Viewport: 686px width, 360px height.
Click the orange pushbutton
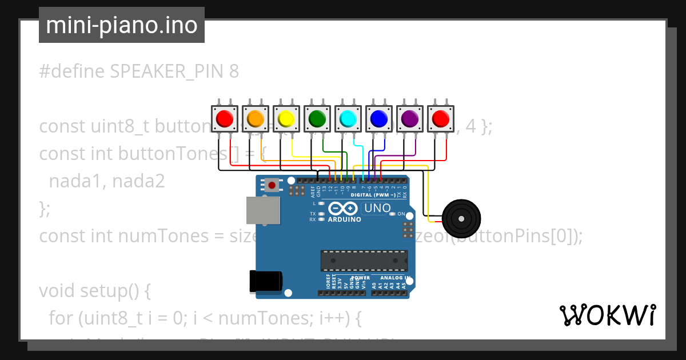256,118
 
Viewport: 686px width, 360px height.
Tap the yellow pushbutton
286,118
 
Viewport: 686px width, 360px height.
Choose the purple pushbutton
410,118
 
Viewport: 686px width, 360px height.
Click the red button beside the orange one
225,118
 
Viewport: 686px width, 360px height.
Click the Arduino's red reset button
272,185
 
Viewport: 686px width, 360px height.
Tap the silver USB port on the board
263,210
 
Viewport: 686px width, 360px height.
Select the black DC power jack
266,282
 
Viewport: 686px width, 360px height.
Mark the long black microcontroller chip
364,260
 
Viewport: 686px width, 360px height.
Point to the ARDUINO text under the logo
345,219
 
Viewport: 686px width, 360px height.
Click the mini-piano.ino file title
121,25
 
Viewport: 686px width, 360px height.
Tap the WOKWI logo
607,315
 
